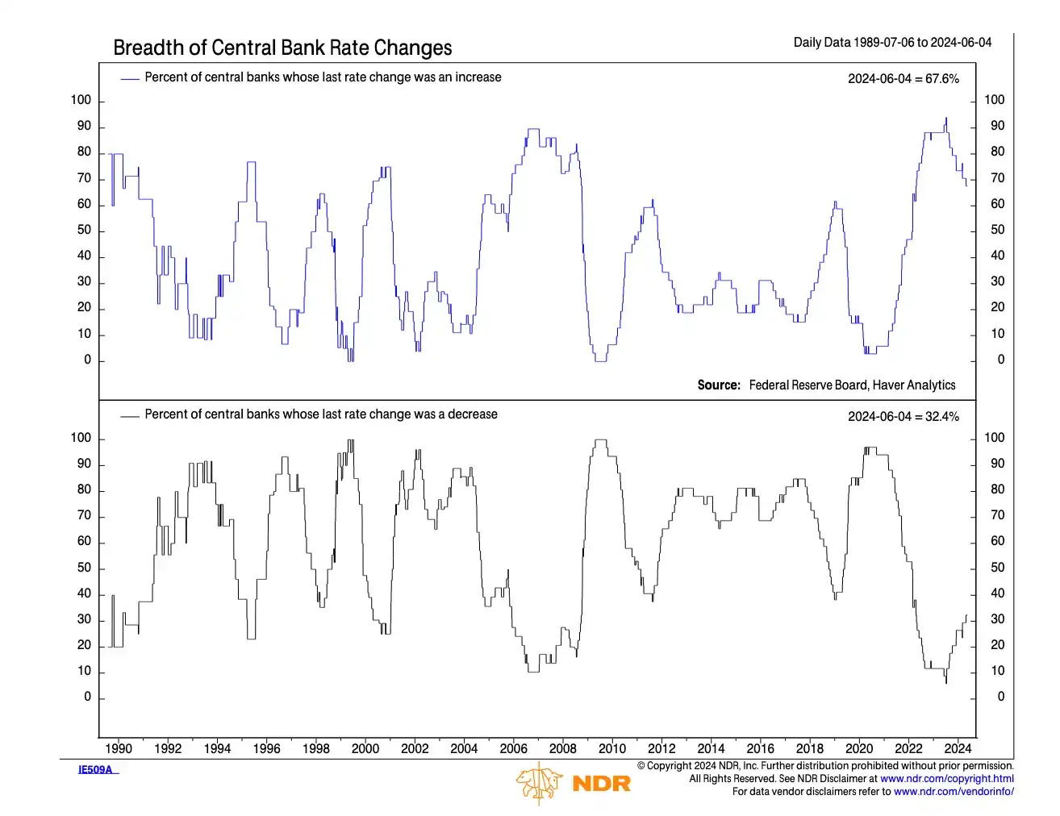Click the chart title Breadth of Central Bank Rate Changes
(x=282, y=48)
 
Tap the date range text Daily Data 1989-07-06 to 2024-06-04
(x=892, y=43)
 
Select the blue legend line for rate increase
(x=130, y=78)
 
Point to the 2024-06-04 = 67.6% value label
(x=904, y=79)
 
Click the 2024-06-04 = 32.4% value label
(x=904, y=417)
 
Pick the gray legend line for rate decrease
(x=130, y=416)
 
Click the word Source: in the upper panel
(x=719, y=385)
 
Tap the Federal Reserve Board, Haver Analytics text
(x=852, y=385)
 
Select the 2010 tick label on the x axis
(x=612, y=748)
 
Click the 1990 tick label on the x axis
(x=119, y=748)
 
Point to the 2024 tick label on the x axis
(x=958, y=748)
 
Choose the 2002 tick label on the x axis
(x=415, y=748)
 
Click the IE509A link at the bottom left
(x=96, y=770)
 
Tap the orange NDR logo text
(x=601, y=783)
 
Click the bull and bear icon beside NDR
(x=540, y=783)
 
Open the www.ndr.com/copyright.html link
(x=946, y=779)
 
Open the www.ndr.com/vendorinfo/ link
(x=954, y=792)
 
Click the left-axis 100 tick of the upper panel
(x=81, y=100)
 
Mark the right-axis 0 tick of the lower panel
(x=1001, y=697)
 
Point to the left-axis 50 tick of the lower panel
(x=85, y=568)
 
